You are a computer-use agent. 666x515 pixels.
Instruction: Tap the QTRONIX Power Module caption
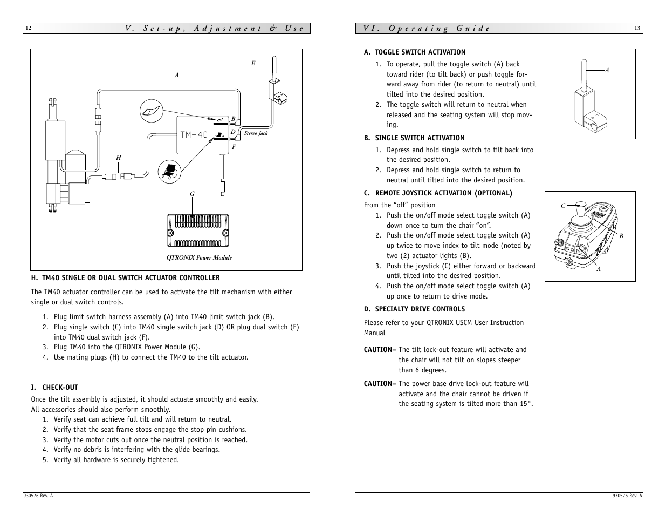pyautogui.click(x=199, y=257)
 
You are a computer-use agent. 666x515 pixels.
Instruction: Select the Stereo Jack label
pyautogui.click(x=256, y=133)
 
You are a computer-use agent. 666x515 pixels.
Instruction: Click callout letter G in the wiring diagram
pyautogui.click(x=192, y=194)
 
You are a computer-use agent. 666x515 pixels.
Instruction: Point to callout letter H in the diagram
pyautogui.click(x=119, y=158)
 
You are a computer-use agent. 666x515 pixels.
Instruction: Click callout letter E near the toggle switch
pyautogui.click(x=253, y=63)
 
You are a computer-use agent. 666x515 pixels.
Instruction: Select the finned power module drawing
pyautogui.click(x=198, y=231)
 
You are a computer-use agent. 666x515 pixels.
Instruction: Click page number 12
pyautogui.click(x=29, y=28)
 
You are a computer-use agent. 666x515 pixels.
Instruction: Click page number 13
pyautogui.click(x=637, y=28)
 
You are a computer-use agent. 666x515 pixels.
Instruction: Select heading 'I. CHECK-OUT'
pyautogui.click(x=54, y=387)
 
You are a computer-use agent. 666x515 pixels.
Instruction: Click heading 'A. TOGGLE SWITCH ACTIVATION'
pyautogui.click(x=414, y=52)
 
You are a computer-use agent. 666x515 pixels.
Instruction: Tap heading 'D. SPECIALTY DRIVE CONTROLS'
pyautogui.click(x=414, y=309)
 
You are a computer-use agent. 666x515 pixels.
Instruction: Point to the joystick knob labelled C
pyautogui.click(x=580, y=206)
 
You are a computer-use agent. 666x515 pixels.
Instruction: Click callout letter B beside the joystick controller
pyautogui.click(x=621, y=236)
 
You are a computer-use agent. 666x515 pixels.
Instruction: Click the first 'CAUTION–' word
pyautogui.click(x=380, y=350)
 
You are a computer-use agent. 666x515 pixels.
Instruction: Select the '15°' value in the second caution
pyautogui.click(x=526, y=404)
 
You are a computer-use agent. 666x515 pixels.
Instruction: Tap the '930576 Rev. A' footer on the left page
pyautogui.click(x=38, y=496)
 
